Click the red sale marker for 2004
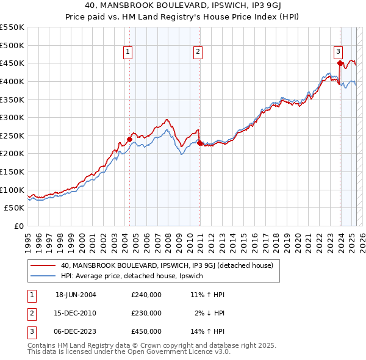[x=129, y=139]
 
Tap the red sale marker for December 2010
[x=199, y=143]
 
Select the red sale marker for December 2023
[x=340, y=62]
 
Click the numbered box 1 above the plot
[x=128, y=52]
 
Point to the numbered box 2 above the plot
[x=199, y=52]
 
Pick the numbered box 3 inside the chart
[x=338, y=52]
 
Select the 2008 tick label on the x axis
[x=168, y=239]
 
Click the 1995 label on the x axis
[x=28, y=239]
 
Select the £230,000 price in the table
[x=146, y=313]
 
